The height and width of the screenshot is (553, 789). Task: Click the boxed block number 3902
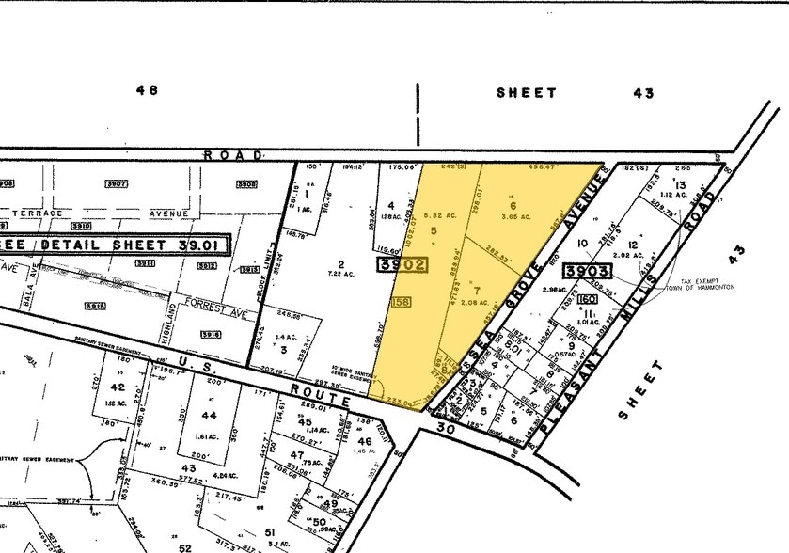click(403, 266)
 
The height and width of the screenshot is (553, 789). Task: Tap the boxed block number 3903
click(588, 272)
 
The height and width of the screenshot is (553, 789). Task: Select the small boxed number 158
click(400, 303)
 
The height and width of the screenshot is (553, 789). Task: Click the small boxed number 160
click(590, 299)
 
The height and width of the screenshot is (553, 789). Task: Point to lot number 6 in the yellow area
click(513, 205)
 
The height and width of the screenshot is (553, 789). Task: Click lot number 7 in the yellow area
click(477, 290)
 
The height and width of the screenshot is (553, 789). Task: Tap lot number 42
click(118, 387)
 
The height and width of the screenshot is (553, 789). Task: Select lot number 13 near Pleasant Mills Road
click(680, 185)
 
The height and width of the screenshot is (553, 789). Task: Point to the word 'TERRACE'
click(39, 213)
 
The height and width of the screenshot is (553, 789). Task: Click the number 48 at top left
click(147, 91)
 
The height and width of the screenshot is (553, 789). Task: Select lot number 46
click(364, 439)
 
